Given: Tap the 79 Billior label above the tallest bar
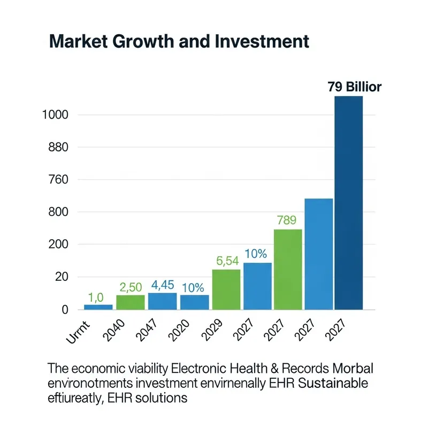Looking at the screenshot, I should tap(354, 87).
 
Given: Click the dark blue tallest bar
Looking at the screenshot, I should tap(348, 203).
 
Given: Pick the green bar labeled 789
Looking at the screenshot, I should tap(288, 269).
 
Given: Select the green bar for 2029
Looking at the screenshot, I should tap(226, 289).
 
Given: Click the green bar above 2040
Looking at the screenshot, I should tap(130, 302).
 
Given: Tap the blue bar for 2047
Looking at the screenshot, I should tap(162, 301).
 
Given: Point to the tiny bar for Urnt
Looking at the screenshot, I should tap(98, 307).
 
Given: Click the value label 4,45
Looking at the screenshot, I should tap(162, 284).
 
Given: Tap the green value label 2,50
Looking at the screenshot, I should tap(131, 286).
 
